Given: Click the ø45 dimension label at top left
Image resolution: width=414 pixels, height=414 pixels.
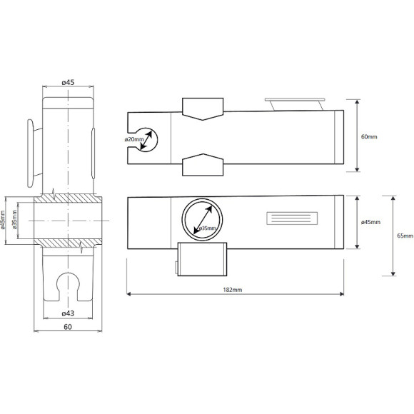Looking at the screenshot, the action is coord(68,82).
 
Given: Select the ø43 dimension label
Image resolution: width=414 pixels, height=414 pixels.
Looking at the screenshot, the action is coord(68,313).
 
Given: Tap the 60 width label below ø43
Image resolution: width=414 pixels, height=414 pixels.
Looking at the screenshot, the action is coord(68,327).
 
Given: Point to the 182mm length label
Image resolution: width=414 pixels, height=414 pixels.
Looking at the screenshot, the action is coord(233,290).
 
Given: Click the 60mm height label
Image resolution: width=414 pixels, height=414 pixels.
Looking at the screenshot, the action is coord(369,137).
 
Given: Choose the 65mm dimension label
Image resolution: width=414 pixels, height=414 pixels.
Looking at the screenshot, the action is coord(405,236).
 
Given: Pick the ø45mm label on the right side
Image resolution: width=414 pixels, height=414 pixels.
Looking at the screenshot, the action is coord(370,222).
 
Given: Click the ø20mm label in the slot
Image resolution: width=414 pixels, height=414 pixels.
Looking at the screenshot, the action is coord(134,139).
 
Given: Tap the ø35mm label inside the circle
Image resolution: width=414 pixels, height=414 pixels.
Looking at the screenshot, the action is coord(207,228).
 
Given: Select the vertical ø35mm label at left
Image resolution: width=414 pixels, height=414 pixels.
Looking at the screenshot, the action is coord(14,220).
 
